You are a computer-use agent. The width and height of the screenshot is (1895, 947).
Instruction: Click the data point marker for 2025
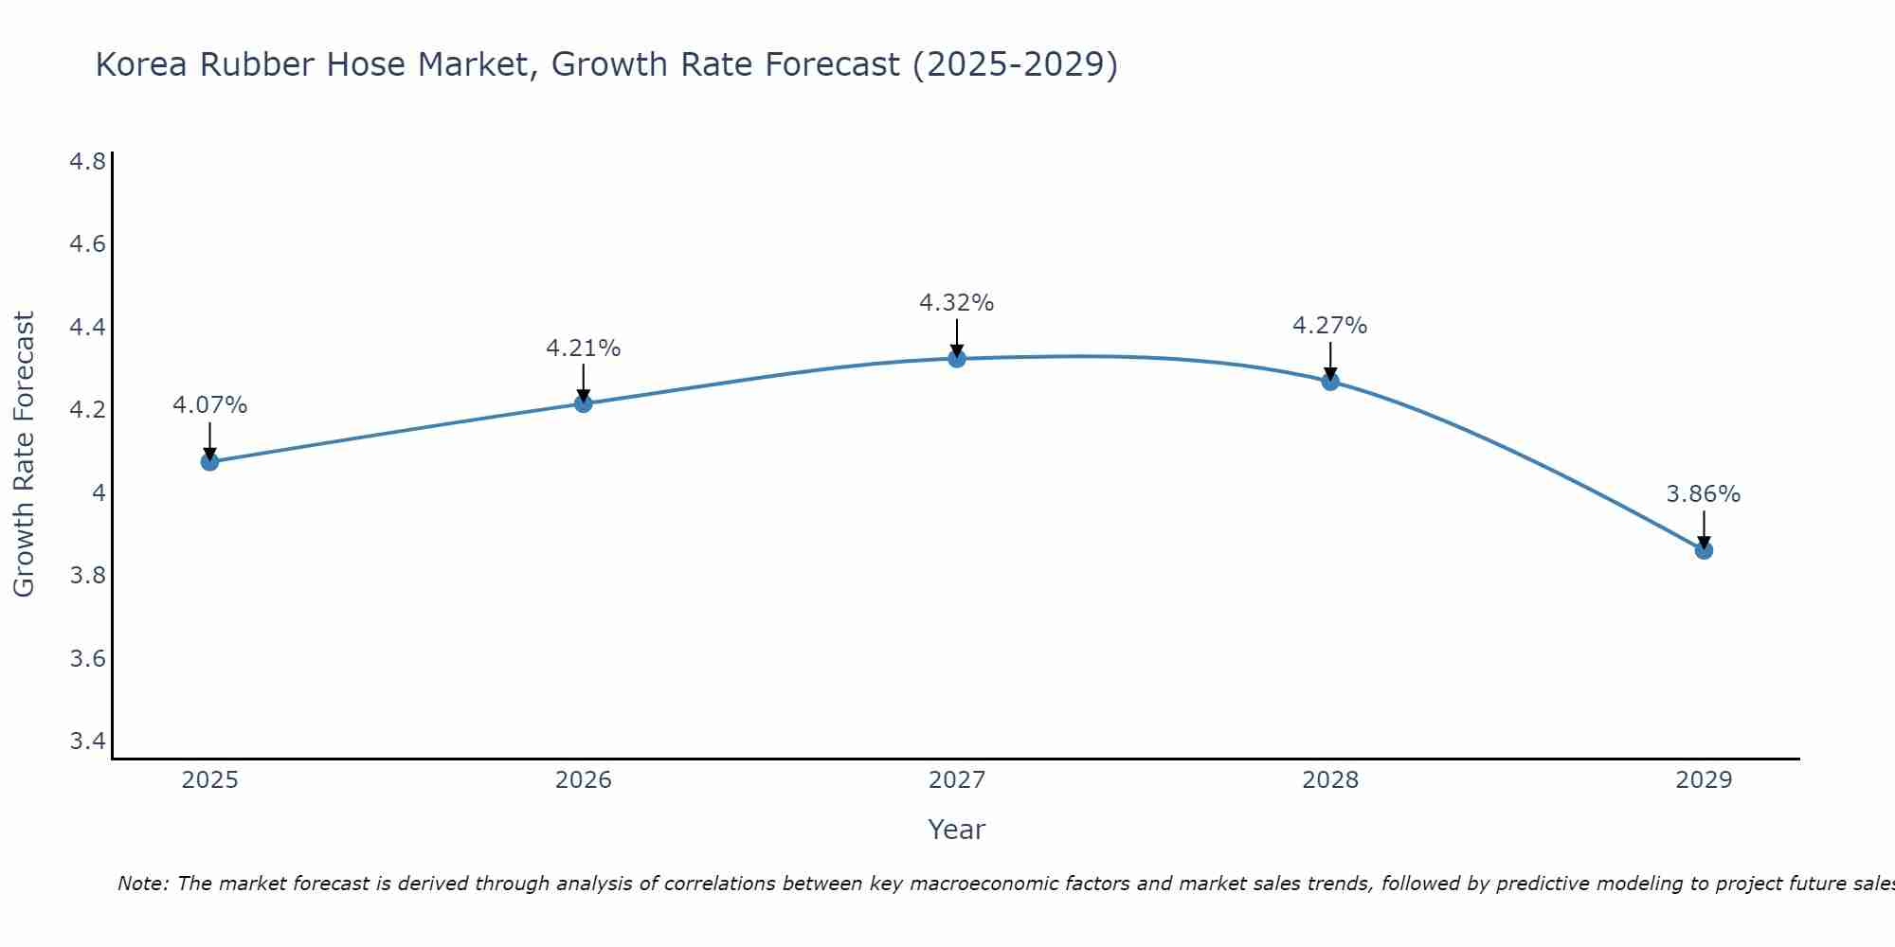(x=209, y=462)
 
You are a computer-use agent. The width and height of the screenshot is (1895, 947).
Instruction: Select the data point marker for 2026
(x=584, y=404)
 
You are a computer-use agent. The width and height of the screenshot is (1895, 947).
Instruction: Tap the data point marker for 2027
(x=957, y=359)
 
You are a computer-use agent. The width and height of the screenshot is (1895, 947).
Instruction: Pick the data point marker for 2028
(x=1330, y=382)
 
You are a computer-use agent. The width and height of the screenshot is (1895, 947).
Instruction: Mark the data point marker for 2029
(x=1704, y=550)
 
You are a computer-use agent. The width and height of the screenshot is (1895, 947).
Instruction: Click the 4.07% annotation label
(x=209, y=405)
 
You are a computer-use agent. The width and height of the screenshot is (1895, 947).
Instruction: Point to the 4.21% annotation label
(x=584, y=348)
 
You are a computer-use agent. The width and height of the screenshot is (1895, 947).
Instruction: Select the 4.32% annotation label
(x=957, y=303)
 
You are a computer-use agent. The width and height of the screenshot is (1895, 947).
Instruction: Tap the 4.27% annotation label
(x=1330, y=326)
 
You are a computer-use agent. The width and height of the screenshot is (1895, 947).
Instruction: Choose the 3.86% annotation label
(x=1704, y=494)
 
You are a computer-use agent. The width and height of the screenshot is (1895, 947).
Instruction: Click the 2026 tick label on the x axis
(x=584, y=780)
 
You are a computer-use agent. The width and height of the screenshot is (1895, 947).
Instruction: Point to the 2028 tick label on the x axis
(x=1330, y=780)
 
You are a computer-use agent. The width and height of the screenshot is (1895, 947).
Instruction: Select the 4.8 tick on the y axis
(x=87, y=162)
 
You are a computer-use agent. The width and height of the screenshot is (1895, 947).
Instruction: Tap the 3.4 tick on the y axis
(x=87, y=741)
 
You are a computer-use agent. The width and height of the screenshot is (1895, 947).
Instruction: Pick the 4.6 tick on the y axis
(x=87, y=244)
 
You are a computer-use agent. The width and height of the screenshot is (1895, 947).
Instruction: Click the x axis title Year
(x=957, y=830)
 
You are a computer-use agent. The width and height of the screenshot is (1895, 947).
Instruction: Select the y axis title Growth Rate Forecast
(x=24, y=455)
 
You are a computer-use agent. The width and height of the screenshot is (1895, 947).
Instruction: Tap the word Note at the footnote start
(x=141, y=884)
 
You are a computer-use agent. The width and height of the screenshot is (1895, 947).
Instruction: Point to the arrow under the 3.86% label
(x=1704, y=528)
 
